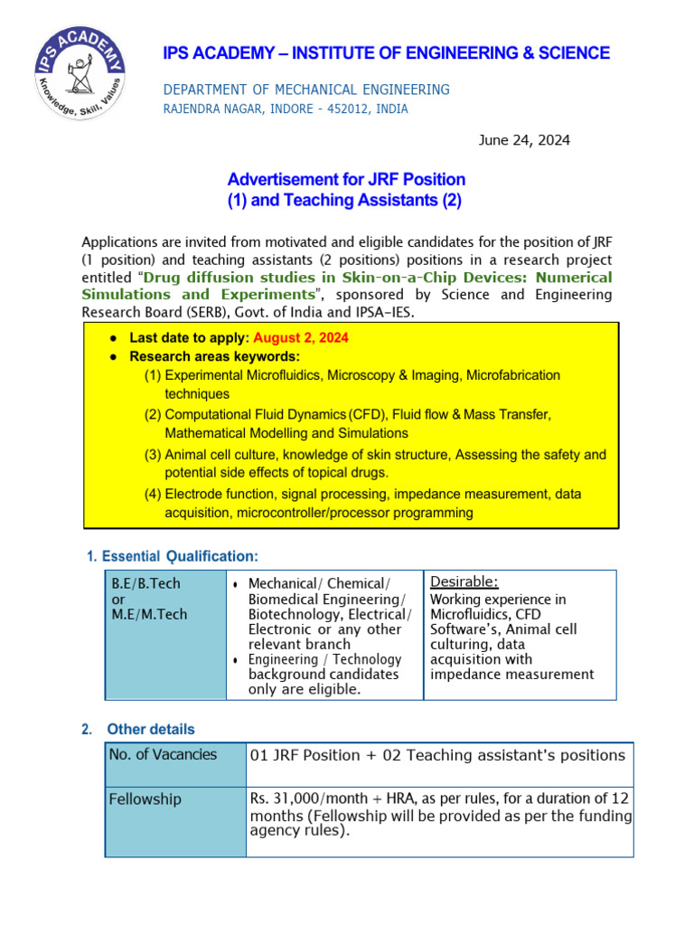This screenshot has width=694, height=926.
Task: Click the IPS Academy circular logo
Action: (80, 73)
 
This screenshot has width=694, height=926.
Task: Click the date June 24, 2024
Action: (523, 140)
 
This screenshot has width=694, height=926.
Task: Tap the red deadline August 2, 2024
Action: (301, 337)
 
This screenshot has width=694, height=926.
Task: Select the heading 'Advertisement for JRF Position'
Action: (346, 179)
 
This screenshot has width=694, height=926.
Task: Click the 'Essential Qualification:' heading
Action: (179, 555)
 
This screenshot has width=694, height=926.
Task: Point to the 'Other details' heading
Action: (151, 729)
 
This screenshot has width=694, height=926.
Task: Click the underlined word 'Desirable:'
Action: (464, 581)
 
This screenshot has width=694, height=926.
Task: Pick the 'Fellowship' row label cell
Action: (145, 799)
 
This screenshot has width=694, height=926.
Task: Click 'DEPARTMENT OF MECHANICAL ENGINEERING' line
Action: (306, 90)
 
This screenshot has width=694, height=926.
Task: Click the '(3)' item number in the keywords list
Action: (153, 455)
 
